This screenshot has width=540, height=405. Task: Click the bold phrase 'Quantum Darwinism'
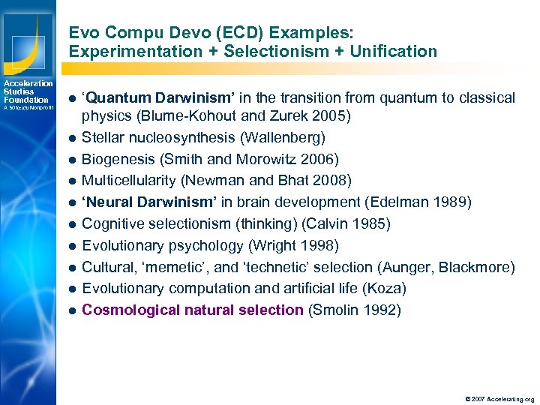coord(139,98)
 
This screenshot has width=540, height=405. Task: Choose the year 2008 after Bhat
coord(331,181)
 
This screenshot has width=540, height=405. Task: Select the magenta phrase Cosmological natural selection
coord(192,310)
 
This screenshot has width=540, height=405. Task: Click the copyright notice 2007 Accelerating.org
coord(499,399)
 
